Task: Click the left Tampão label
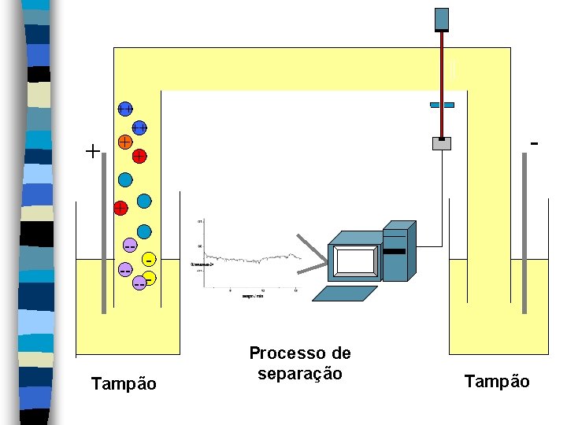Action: point(124,384)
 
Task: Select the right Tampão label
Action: point(497,382)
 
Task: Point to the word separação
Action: point(299,374)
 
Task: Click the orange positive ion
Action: point(124,142)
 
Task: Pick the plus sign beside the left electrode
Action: point(93,151)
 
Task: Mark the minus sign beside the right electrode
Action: point(535,144)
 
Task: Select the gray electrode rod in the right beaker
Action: point(524,236)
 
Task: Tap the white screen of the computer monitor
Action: point(355,261)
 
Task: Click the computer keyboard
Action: point(345,293)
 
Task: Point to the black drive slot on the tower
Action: point(395,251)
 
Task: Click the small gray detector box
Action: point(442,143)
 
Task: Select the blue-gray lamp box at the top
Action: point(442,19)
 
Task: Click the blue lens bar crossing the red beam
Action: point(442,105)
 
